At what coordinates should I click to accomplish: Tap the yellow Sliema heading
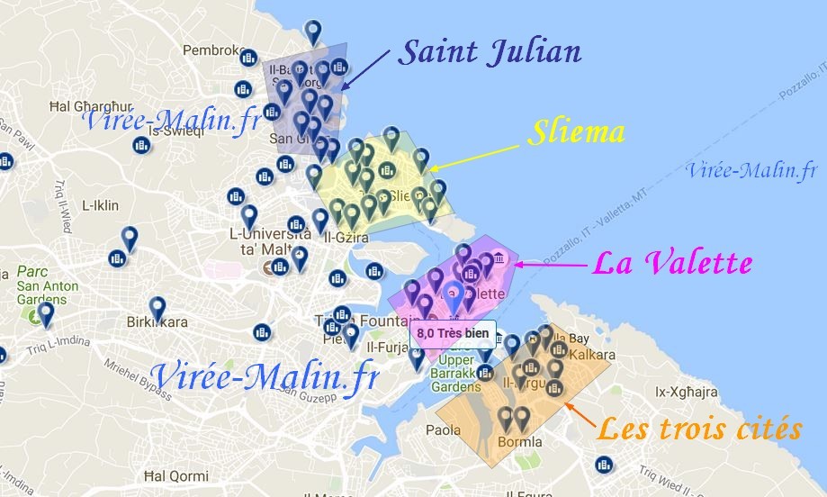click(576, 133)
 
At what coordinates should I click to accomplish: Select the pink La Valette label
click(671, 264)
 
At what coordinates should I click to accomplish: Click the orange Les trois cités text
click(699, 429)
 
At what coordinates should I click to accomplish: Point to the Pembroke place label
click(213, 50)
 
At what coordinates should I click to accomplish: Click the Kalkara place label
click(591, 355)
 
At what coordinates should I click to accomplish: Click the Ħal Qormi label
click(169, 475)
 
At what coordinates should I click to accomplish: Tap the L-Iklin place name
click(100, 205)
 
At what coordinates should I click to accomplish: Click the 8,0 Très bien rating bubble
click(453, 333)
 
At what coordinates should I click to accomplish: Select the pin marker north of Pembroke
click(313, 32)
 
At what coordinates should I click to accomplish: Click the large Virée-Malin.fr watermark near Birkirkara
click(265, 375)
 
